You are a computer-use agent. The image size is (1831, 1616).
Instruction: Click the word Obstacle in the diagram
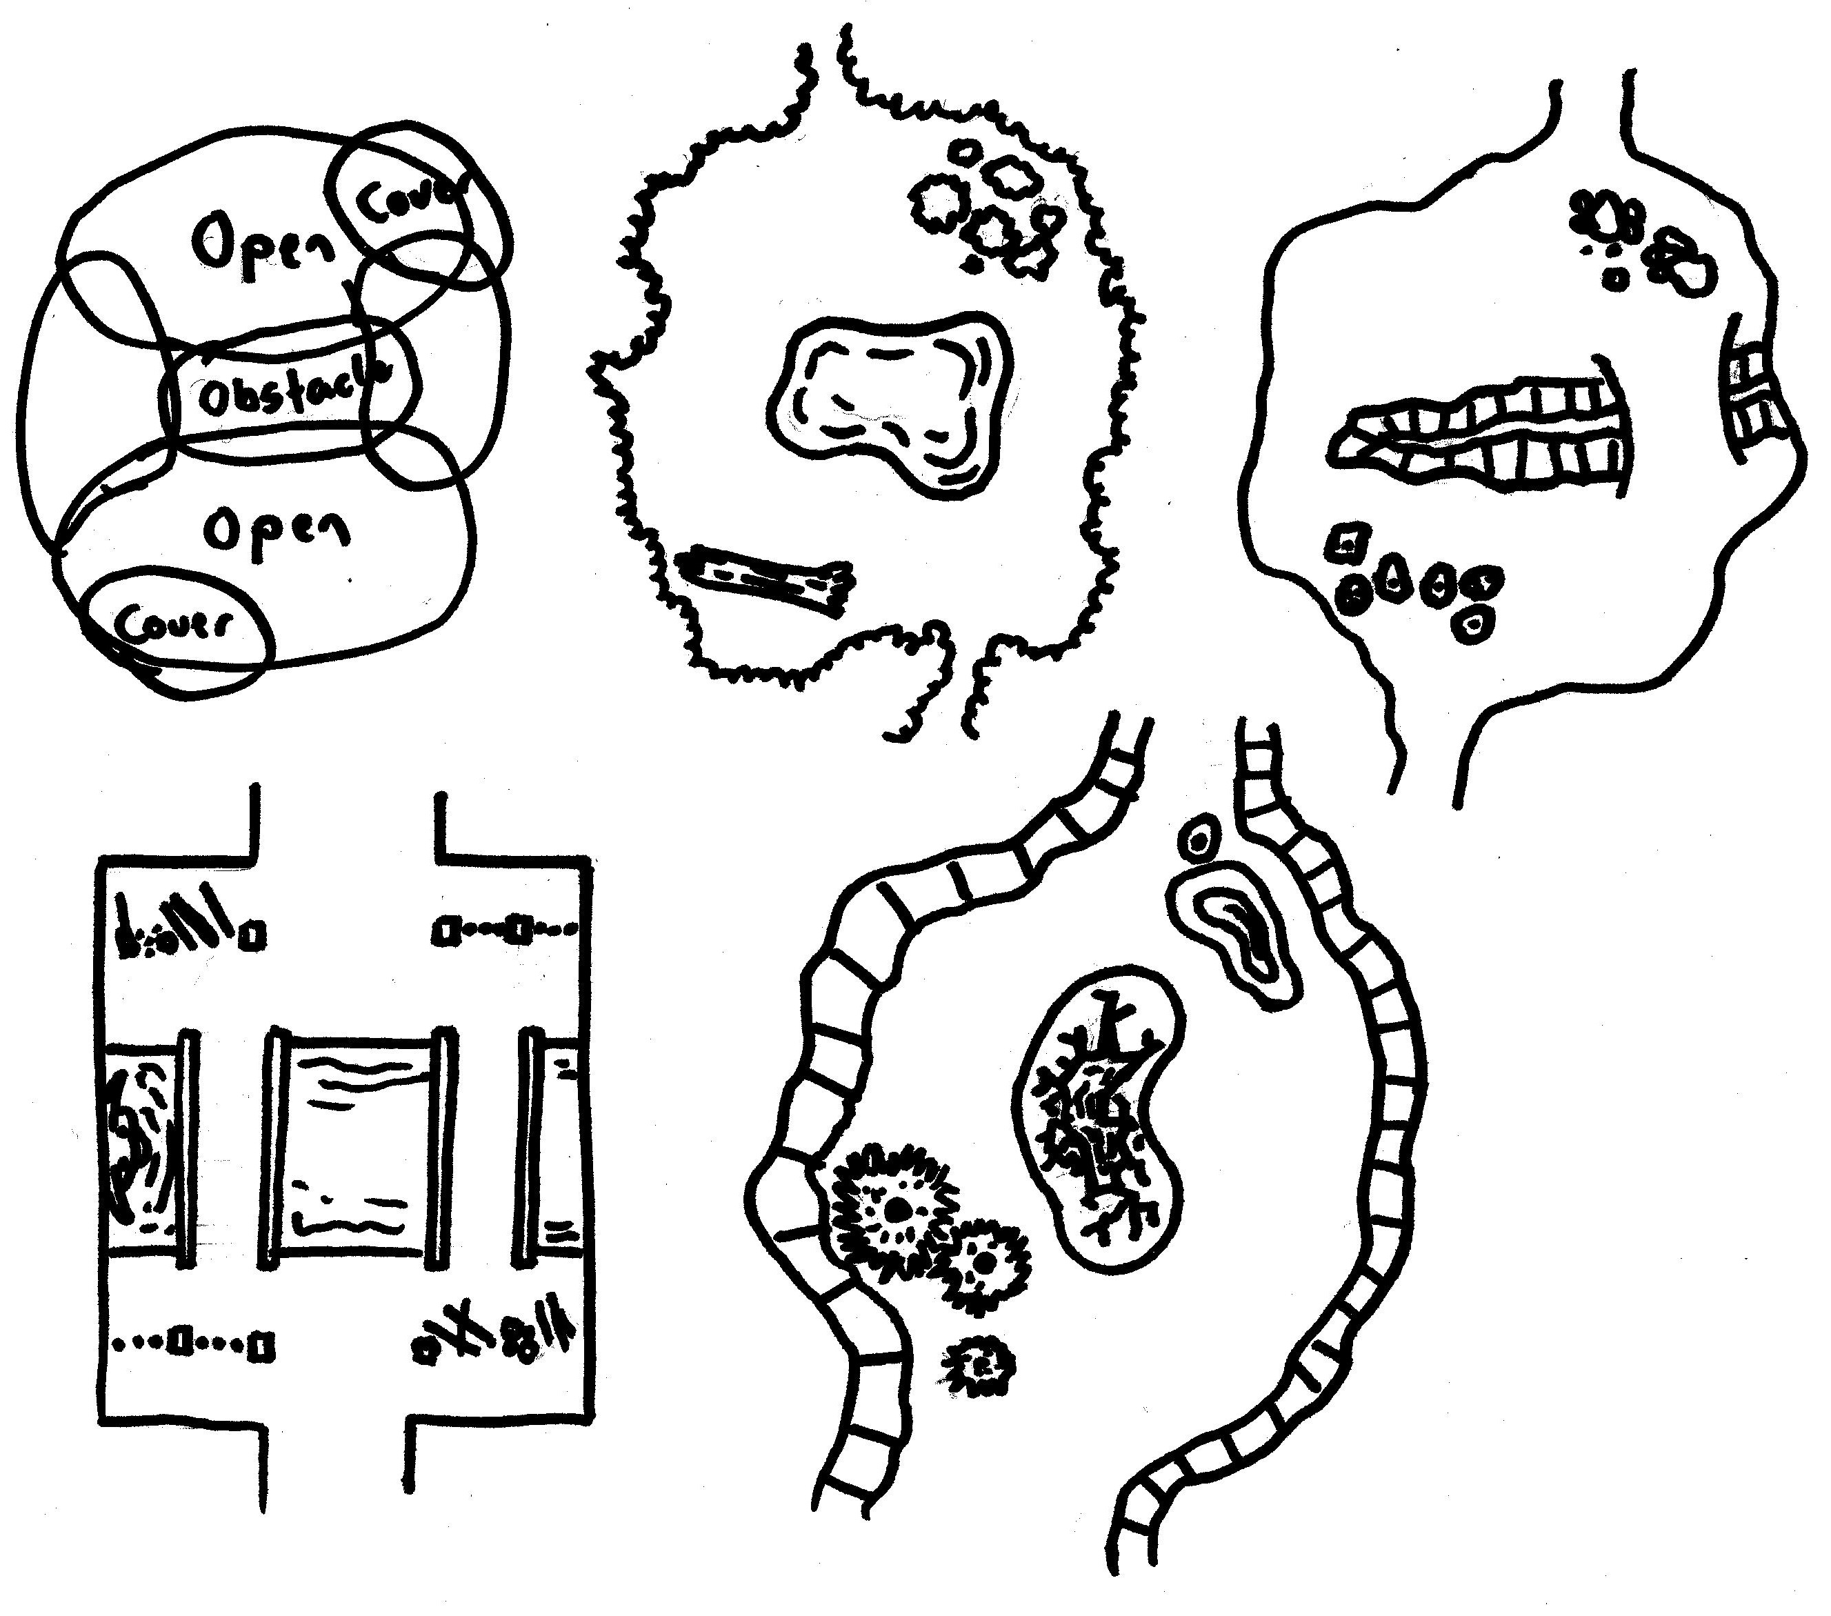click(291, 394)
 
